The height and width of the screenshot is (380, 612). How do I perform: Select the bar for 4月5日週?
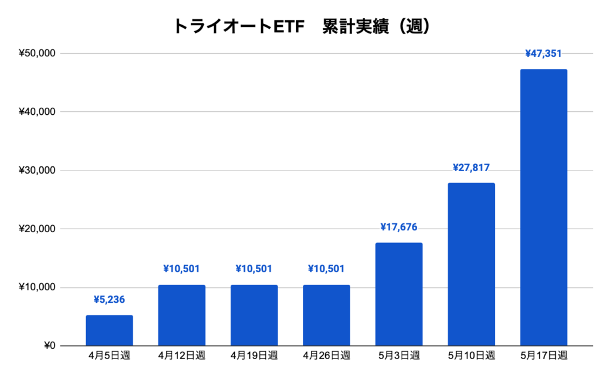click(x=109, y=330)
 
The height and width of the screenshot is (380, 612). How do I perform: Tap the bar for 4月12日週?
click(x=182, y=315)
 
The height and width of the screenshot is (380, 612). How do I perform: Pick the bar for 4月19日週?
click(x=254, y=315)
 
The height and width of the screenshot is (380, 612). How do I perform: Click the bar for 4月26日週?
click(x=326, y=315)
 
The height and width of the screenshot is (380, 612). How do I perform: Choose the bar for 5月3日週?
click(x=399, y=294)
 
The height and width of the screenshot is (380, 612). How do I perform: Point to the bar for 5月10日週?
click(x=471, y=265)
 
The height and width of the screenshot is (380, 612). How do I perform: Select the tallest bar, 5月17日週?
click(x=543, y=208)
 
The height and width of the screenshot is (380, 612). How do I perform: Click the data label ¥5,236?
click(x=109, y=300)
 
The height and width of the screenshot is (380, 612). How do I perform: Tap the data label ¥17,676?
click(x=399, y=227)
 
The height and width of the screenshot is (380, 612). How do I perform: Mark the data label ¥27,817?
click(x=471, y=168)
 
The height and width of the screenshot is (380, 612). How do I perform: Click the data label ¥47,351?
click(x=543, y=54)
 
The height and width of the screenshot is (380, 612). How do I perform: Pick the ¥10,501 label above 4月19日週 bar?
click(x=254, y=269)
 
